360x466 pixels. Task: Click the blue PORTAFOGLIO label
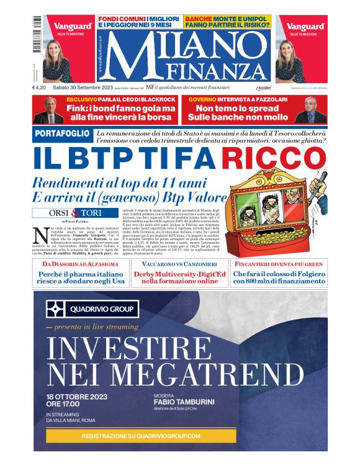(x=61, y=135)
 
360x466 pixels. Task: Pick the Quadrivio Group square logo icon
(x=56, y=310)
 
